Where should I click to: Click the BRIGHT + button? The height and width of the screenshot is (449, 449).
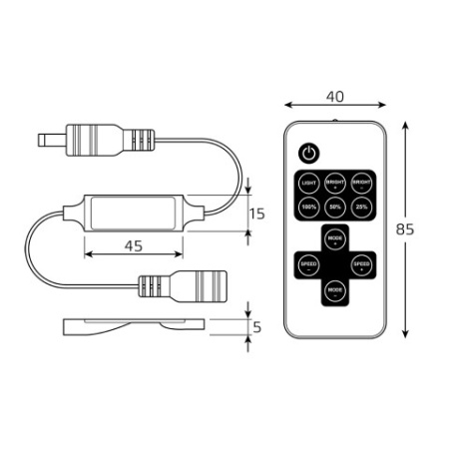(x=335, y=184)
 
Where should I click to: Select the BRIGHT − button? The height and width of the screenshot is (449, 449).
(x=361, y=184)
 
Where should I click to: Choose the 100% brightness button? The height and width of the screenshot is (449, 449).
(x=309, y=209)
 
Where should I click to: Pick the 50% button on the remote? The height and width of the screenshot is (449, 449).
(x=335, y=209)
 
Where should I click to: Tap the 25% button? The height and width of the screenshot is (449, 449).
(x=361, y=209)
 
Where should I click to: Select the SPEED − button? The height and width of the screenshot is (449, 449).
(x=309, y=264)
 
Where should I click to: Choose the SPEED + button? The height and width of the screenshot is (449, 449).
(x=361, y=264)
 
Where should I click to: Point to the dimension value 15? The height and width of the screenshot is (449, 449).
(x=256, y=214)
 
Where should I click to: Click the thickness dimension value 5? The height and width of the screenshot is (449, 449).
(x=257, y=325)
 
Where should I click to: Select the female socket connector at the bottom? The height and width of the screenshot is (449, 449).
(x=170, y=288)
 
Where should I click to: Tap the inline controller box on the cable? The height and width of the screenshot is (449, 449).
(x=134, y=214)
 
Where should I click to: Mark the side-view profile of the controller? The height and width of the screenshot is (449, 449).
(x=135, y=325)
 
